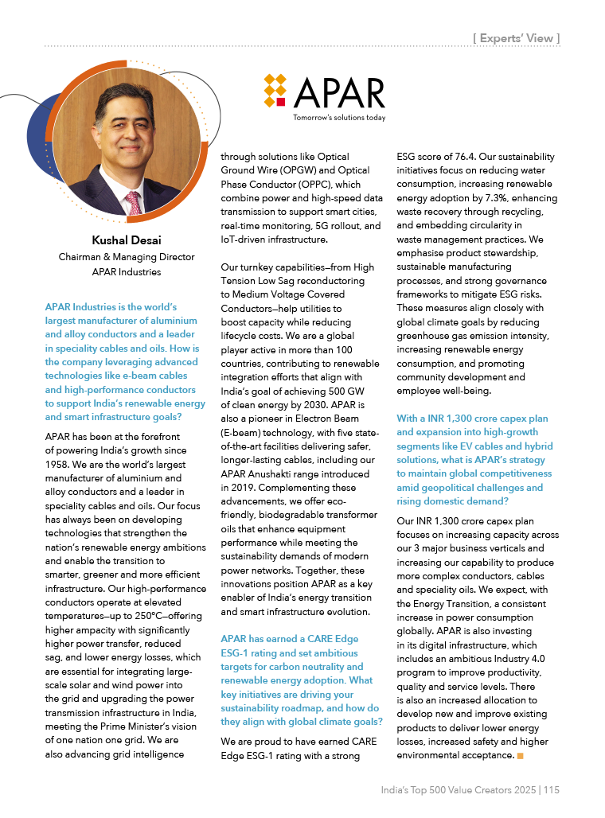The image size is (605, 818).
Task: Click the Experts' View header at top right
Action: pos(517,37)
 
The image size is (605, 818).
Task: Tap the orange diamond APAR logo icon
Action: pos(275,92)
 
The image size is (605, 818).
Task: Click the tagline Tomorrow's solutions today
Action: pos(339,117)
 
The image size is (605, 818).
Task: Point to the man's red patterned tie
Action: pos(134,202)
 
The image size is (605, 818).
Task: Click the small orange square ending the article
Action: pos(520,754)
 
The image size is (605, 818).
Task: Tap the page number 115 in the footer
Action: pos(552,789)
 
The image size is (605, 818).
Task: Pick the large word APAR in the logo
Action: pos(338,93)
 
